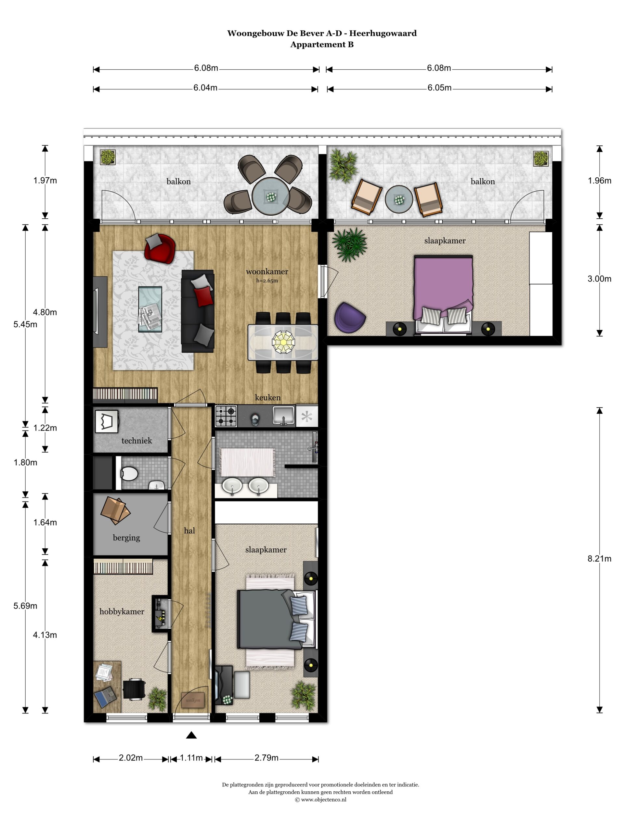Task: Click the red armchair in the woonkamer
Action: pyautogui.click(x=160, y=248)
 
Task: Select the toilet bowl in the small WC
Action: pyautogui.click(x=129, y=473)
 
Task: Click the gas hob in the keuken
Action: pyautogui.click(x=226, y=416)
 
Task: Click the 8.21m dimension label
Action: pyautogui.click(x=599, y=558)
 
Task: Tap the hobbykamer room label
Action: pyautogui.click(x=122, y=611)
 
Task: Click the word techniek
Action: pyautogui.click(x=136, y=441)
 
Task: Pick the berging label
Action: pyautogui.click(x=126, y=538)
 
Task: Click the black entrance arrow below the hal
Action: pyautogui.click(x=191, y=735)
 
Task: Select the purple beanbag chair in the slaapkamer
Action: pyautogui.click(x=349, y=318)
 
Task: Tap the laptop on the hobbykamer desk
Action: pyautogui.click(x=105, y=697)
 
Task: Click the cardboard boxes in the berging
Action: pyautogui.click(x=115, y=511)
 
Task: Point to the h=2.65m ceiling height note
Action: pyautogui.click(x=267, y=280)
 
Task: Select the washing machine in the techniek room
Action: pyautogui.click(x=107, y=421)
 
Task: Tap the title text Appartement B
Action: pyautogui.click(x=322, y=45)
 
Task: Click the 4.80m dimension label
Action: pyautogui.click(x=45, y=312)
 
